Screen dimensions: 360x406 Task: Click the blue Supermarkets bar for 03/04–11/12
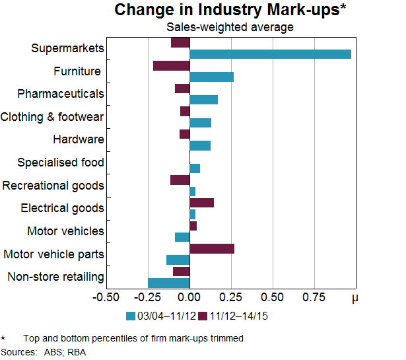coord(270,54)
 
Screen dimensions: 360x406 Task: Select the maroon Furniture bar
coord(171,65)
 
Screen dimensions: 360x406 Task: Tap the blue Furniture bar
coord(211,77)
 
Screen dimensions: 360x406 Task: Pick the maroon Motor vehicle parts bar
coord(212,248)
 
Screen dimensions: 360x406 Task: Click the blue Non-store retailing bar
coord(168,283)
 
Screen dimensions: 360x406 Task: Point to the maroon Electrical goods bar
coord(201,203)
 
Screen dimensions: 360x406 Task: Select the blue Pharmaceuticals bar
coord(203,100)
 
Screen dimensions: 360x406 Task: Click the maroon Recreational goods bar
coord(180,180)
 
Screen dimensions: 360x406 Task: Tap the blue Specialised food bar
coord(195,168)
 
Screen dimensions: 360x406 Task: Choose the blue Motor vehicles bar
coord(182,237)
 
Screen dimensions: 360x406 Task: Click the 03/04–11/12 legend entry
coord(158,316)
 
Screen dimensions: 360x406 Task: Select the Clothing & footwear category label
coord(52,117)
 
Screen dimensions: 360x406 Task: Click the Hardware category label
coord(78,139)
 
